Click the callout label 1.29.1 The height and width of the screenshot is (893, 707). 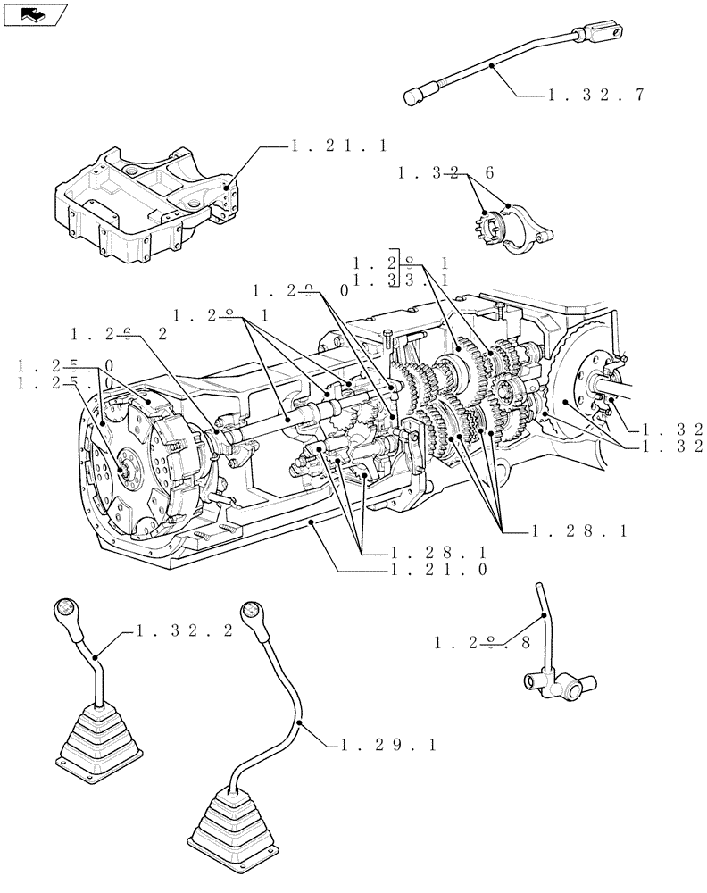pos(387,744)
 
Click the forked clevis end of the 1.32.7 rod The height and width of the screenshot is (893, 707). pos(592,36)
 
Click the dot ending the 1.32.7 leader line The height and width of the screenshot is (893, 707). pos(491,64)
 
